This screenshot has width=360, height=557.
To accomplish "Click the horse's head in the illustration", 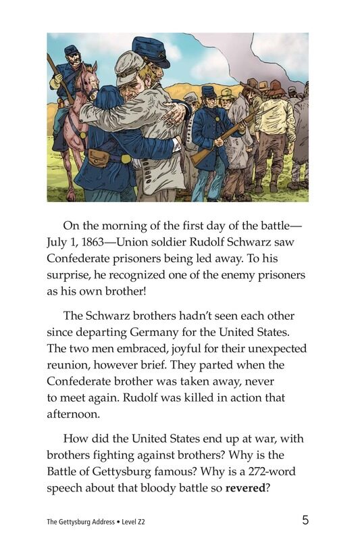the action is coord(88,80).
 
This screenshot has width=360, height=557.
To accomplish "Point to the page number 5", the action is coord(305,520).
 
